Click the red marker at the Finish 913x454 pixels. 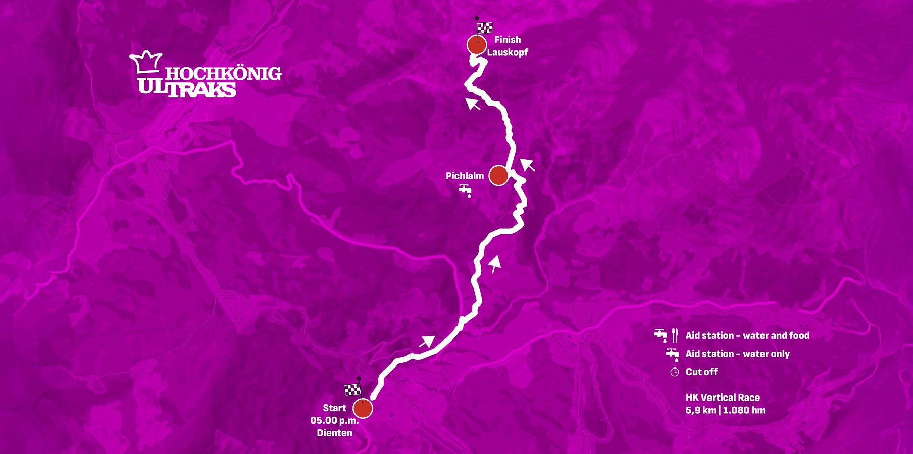476,45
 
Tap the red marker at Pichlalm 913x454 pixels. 498,176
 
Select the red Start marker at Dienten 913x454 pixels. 363,409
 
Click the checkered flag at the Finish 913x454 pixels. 485,28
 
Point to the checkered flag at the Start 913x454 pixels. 352,389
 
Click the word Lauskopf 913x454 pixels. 508,52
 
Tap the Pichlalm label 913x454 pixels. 465,176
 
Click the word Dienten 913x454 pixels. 334,433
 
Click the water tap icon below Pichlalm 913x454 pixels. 465,190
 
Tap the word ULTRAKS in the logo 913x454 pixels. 187,89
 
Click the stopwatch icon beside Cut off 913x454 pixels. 675,372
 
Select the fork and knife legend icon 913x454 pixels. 675,335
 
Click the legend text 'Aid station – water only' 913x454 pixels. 737,354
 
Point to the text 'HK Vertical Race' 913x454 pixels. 723,398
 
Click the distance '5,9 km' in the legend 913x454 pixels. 701,410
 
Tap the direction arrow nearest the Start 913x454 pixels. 427,342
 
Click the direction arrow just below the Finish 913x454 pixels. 473,104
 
